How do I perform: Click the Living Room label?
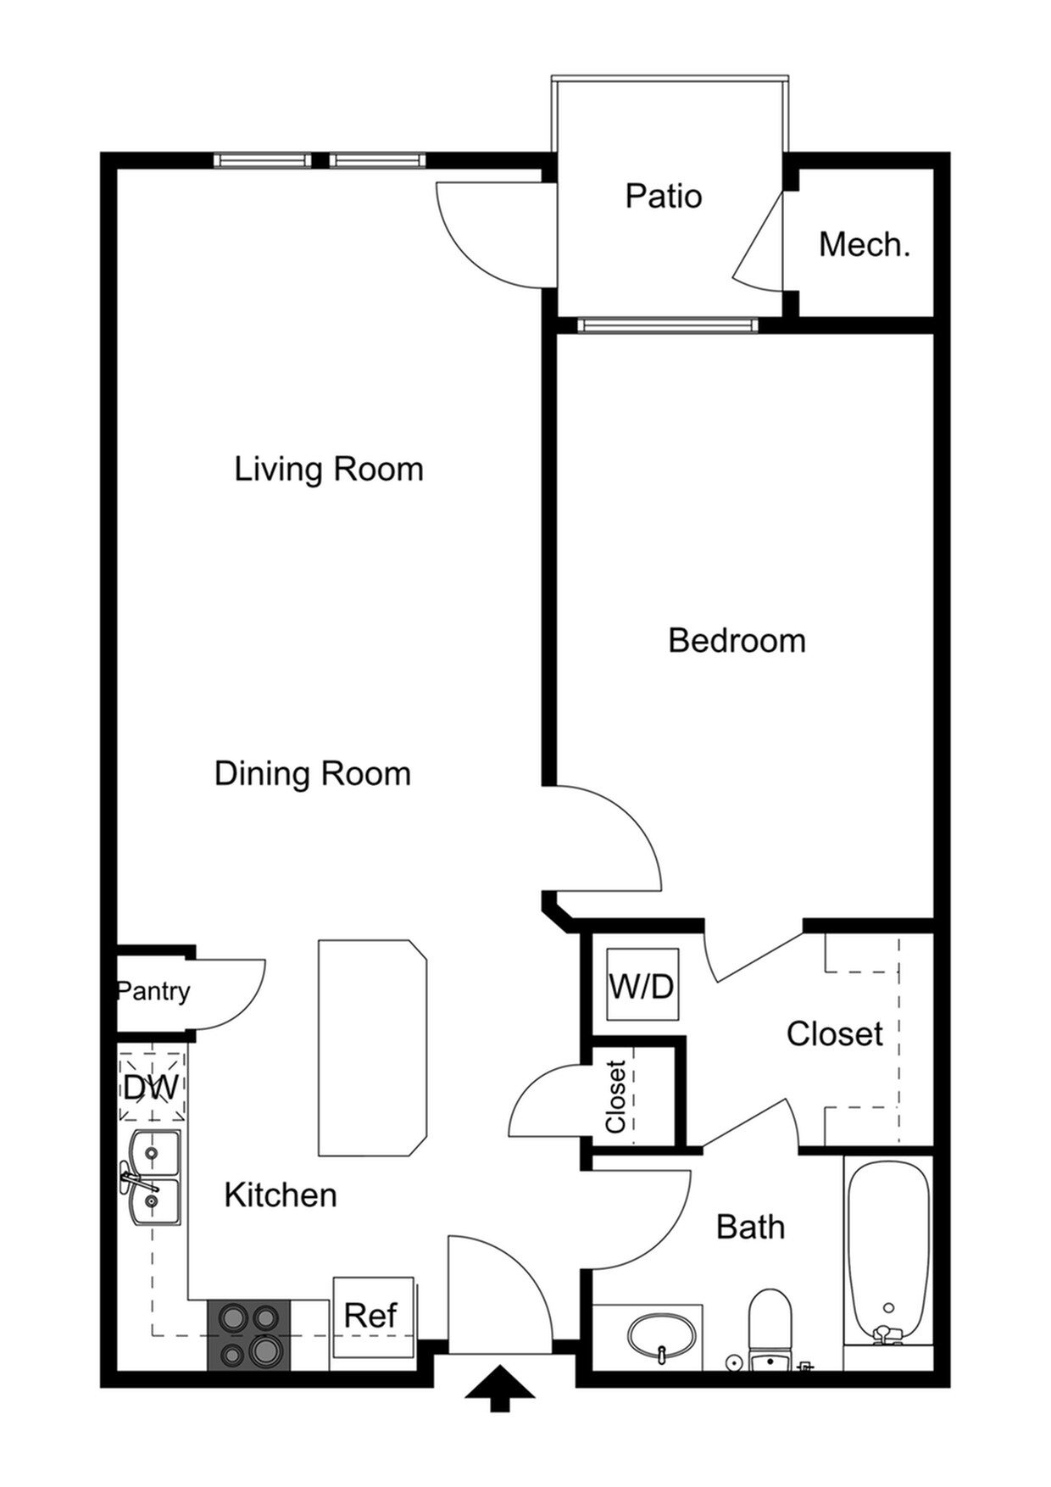(328, 469)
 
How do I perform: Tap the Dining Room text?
(312, 773)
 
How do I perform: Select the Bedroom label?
(737, 640)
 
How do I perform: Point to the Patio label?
(664, 196)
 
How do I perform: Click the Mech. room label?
(864, 245)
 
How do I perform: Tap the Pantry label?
(153, 990)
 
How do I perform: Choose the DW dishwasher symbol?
(152, 1087)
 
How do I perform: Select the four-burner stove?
(249, 1334)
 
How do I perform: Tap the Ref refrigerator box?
(372, 1316)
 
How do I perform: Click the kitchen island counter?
(372, 1047)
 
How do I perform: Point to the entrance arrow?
(500, 1388)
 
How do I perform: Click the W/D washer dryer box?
(642, 985)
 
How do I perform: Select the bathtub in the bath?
(888, 1251)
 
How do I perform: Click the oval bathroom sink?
(662, 1338)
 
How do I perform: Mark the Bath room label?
(750, 1227)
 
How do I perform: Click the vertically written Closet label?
(615, 1095)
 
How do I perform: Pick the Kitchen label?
(281, 1195)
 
